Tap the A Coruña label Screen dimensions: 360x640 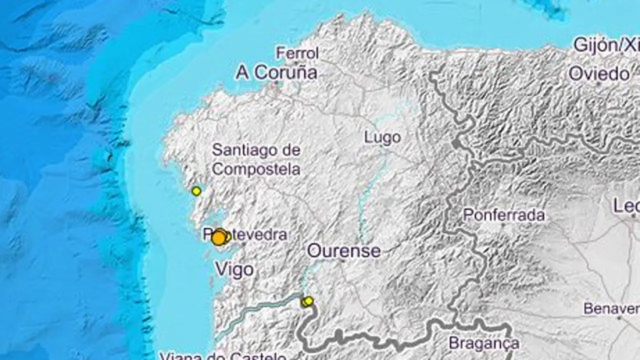276,73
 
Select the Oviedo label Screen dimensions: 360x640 599,74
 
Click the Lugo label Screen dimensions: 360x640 382,137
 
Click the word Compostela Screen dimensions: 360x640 256,169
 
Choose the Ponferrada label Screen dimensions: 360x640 503,215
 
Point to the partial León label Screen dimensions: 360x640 626,205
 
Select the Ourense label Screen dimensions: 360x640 343,250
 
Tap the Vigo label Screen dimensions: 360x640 234,270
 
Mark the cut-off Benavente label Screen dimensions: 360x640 611,308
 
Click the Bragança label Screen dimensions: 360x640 483,343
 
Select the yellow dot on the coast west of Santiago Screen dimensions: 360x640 196,190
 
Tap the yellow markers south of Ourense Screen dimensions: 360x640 307,301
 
